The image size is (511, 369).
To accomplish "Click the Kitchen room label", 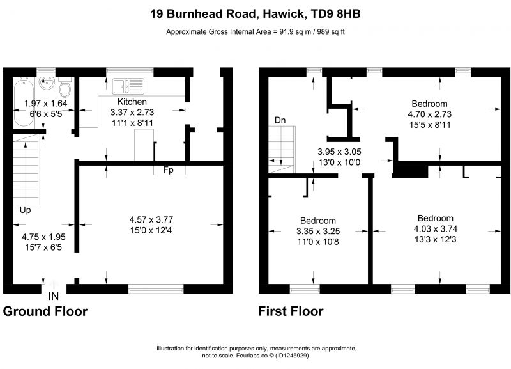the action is [132, 102].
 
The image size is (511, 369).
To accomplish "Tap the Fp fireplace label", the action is [168, 170].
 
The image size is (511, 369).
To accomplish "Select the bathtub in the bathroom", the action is [24, 102].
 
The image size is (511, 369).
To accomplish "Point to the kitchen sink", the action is [128, 86].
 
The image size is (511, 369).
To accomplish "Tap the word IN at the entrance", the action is [54, 296].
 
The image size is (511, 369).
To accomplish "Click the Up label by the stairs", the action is [25, 210].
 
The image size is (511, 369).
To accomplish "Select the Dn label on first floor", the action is [280, 120].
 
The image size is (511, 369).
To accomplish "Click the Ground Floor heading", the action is [45, 311].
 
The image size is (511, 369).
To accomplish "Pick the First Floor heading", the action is [291, 311].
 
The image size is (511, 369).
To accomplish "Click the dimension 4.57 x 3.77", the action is [151, 219].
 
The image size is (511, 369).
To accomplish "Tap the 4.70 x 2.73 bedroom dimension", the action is [429, 114].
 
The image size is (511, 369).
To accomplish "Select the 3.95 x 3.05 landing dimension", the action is [339, 152].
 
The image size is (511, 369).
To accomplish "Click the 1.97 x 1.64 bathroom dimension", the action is [45, 104].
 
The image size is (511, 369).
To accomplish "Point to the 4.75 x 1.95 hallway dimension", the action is [43, 237].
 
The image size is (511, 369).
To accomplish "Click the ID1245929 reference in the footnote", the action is [292, 356].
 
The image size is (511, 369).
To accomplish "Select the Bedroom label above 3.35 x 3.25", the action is [318, 221].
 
